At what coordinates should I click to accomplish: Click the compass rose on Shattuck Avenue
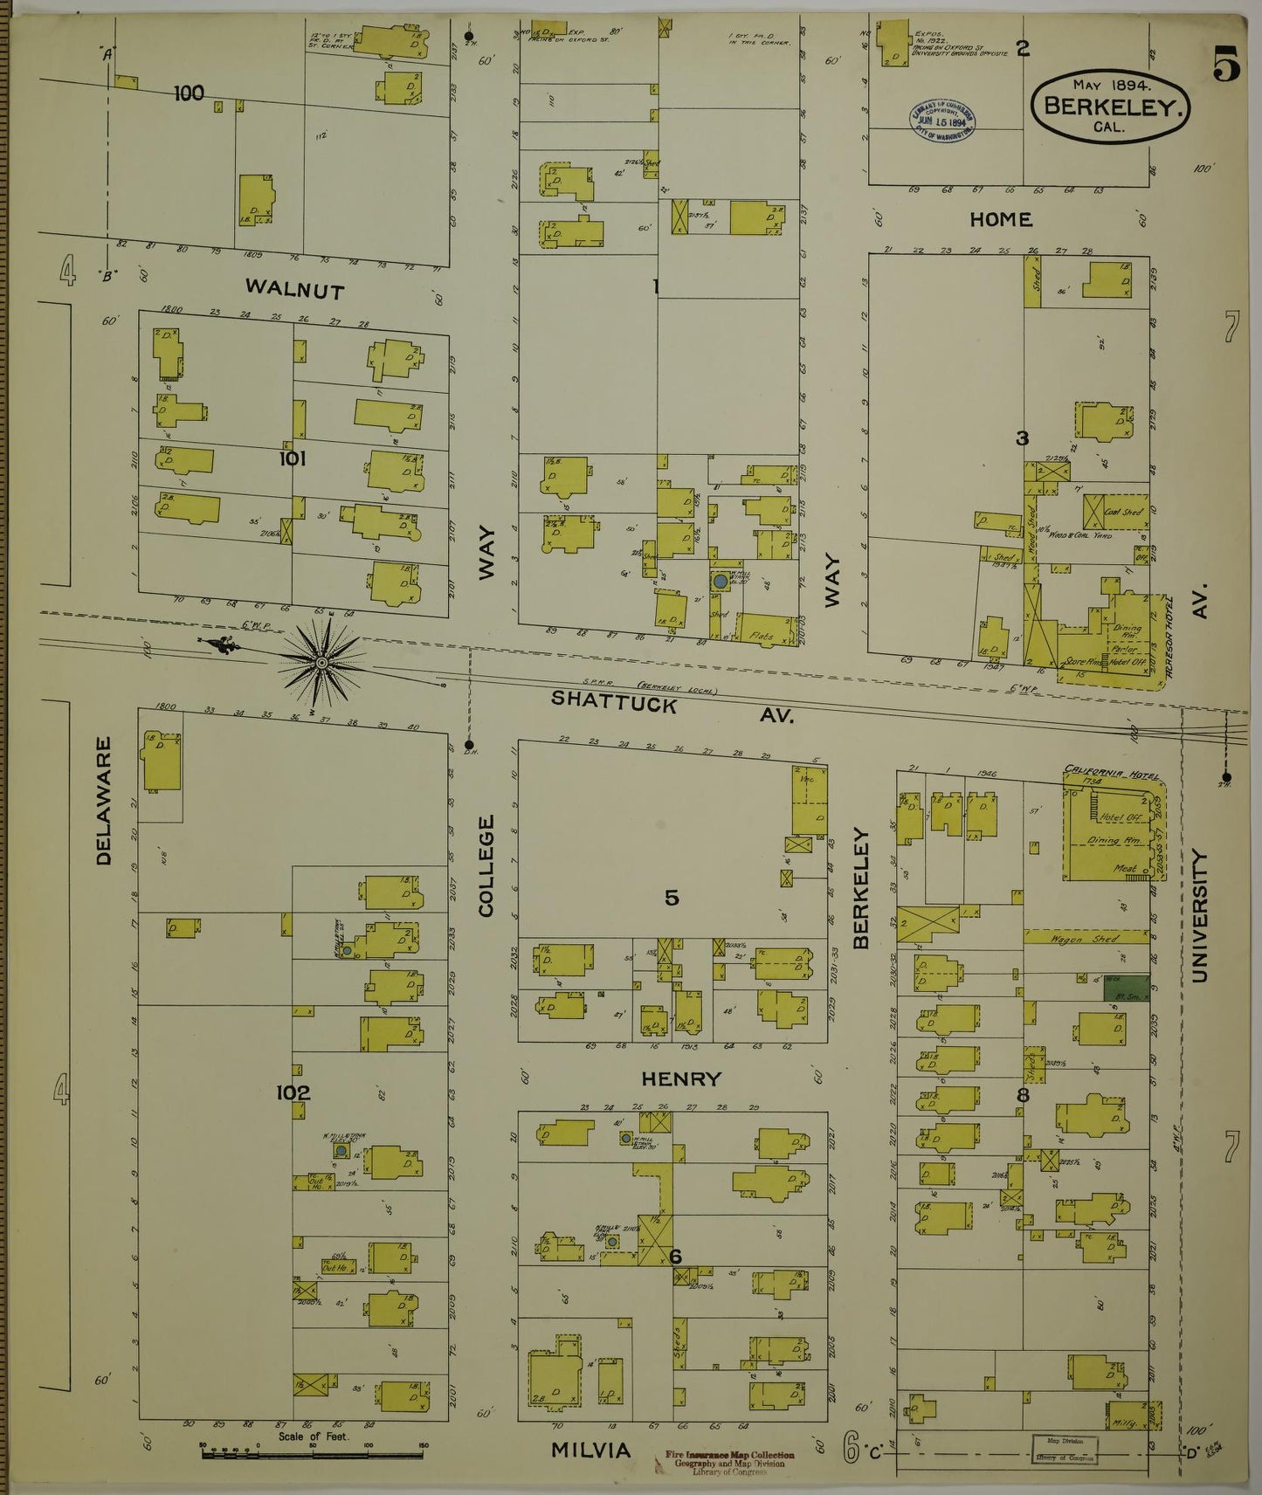tap(321, 664)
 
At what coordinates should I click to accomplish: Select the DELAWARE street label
tap(104, 801)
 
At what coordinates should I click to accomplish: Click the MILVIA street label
tap(590, 1450)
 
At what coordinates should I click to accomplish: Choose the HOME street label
tap(1001, 219)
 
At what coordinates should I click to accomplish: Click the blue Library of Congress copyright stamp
tap(943, 120)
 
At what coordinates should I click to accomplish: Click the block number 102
tap(293, 1092)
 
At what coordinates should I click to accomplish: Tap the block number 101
tap(292, 458)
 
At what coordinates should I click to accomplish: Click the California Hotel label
tap(1104, 769)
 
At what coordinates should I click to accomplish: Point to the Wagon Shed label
tap(1086, 939)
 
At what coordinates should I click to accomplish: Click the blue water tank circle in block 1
tap(719, 580)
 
